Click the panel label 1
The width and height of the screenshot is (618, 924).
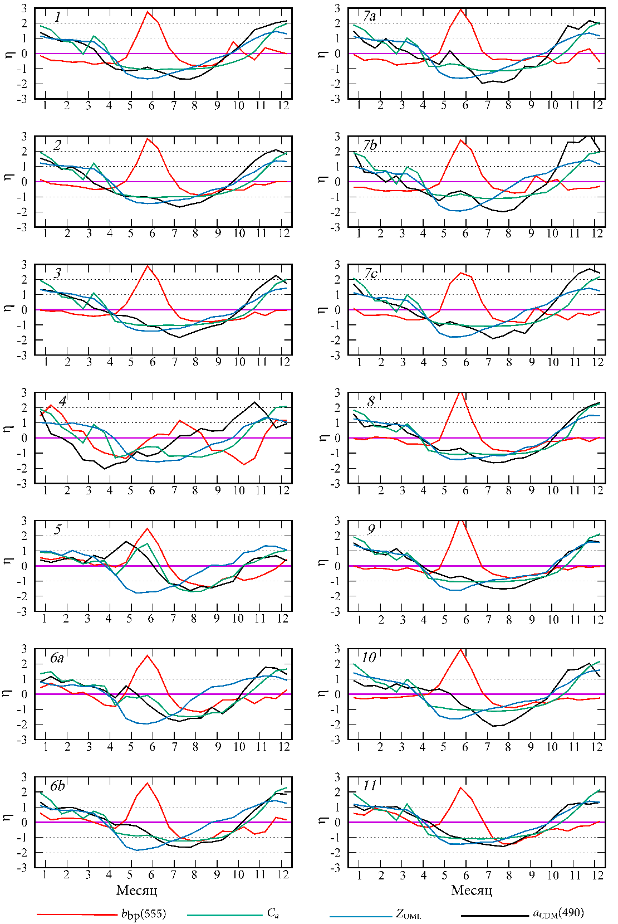[x=57, y=17]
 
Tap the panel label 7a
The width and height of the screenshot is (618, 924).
[x=369, y=17]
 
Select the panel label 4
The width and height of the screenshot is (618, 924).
[x=62, y=401]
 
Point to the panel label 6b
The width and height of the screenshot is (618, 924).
[x=57, y=786]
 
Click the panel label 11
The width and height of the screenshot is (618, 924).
[x=370, y=786]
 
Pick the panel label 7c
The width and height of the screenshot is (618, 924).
[x=371, y=274]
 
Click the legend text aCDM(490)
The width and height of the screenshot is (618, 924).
[x=558, y=913]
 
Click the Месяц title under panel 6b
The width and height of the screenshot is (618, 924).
[x=137, y=890]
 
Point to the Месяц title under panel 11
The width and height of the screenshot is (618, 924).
[x=472, y=890]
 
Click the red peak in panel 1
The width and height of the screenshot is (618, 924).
[x=148, y=12]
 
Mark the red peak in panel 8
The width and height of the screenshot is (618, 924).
[x=460, y=392]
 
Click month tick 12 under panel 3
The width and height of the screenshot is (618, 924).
[x=285, y=362]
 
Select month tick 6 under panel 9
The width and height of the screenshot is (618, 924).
[x=465, y=619]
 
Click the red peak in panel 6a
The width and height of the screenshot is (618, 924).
[x=148, y=655]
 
